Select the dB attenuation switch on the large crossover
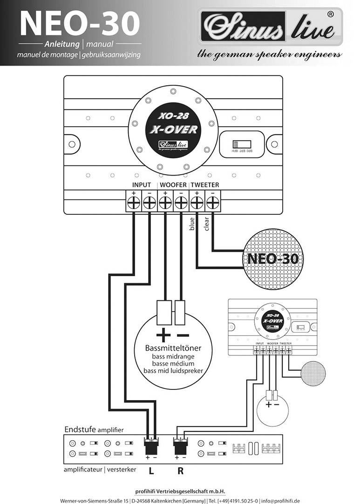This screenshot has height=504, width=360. pyautogui.click(x=241, y=144)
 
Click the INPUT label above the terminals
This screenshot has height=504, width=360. pyautogui.click(x=142, y=185)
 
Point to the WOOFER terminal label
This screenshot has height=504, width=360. pyautogui.click(x=173, y=185)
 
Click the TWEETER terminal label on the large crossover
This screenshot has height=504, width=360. pyautogui.click(x=204, y=185)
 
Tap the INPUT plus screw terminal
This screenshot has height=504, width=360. pyautogui.click(x=134, y=203)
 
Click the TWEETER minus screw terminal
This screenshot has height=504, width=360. pyautogui.click(x=213, y=203)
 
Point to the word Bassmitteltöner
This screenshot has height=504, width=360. pyautogui.click(x=172, y=348)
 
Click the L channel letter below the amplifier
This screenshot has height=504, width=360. pyautogui.click(x=151, y=470)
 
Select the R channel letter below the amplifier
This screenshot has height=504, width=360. pyautogui.click(x=180, y=470)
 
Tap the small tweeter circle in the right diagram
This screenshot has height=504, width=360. pyautogui.click(x=315, y=370)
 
